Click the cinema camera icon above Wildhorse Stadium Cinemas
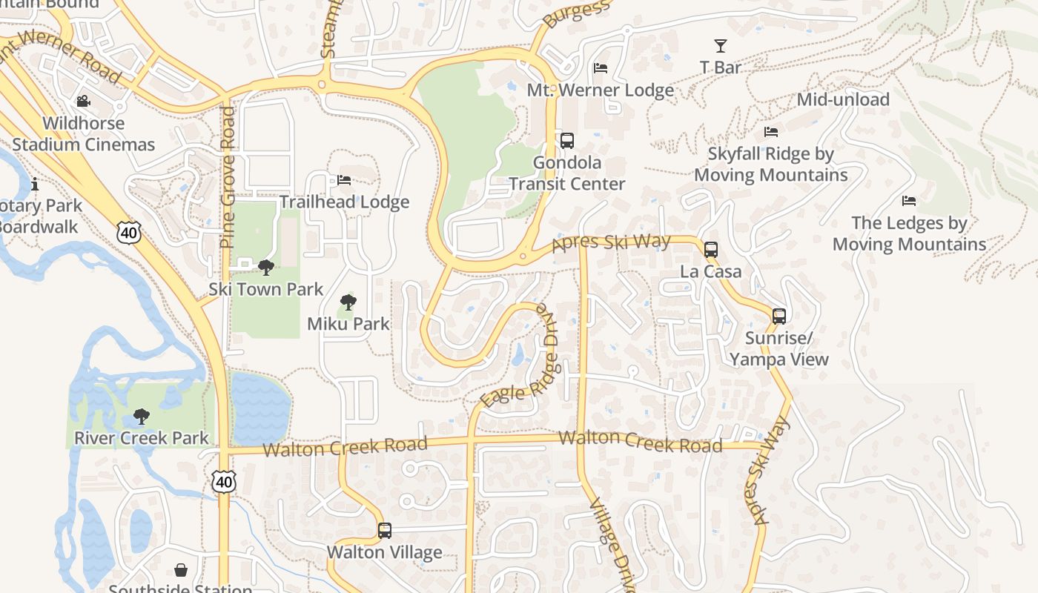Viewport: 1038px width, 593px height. tap(83, 101)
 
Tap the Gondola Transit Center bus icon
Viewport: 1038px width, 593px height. tap(567, 140)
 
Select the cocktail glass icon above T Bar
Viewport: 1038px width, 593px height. tap(720, 46)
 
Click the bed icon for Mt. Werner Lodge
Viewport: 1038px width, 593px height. tap(601, 68)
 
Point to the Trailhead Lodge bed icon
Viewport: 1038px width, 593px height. tap(344, 180)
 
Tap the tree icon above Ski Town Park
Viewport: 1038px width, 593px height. tap(265, 268)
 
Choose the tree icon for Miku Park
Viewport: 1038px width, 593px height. tap(348, 302)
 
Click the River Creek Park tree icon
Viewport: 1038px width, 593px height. tap(141, 417)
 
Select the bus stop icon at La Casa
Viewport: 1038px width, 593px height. tap(711, 249)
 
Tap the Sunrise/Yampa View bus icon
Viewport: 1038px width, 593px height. tap(779, 316)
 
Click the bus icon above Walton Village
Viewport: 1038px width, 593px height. tap(384, 531)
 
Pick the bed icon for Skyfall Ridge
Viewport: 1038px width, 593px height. tap(771, 132)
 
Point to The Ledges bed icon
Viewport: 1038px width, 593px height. tap(909, 201)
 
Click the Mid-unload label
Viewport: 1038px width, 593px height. tap(843, 99)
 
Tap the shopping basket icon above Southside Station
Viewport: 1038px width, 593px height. tap(181, 569)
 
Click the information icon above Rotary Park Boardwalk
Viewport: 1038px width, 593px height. tap(34, 183)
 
